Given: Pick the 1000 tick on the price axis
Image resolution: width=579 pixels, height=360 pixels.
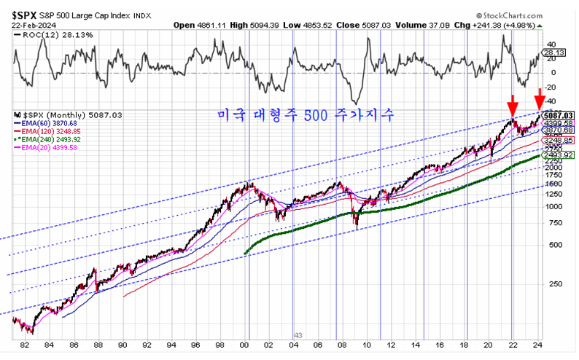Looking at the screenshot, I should pyautogui.click(x=554, y=206).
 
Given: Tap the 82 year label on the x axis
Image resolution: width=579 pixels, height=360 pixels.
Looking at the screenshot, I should pyautogui.click(x=26, y=346).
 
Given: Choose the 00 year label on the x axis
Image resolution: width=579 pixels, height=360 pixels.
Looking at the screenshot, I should pyautogui.click(x=244, y=346).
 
